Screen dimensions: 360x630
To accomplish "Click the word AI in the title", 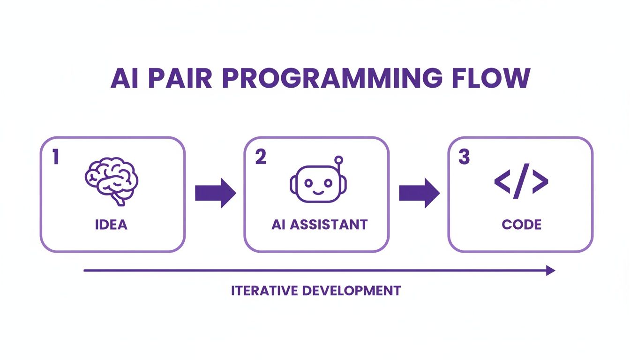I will [x=124, y=78].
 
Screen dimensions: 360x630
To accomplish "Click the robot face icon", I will [x=315, y=184].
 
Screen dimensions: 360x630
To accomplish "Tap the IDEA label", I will [x=111, y=225].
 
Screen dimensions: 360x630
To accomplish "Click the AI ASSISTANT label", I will [x=319, y=225].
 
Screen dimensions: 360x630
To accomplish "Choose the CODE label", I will [x=521, y=225].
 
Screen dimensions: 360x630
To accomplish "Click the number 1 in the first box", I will [x=55, y=157].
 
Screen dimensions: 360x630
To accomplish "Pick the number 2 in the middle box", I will [x=261, y=157].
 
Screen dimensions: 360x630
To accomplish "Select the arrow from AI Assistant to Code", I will [x=419, y=193].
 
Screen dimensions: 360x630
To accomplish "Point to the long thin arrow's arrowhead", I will [x=551, y=270].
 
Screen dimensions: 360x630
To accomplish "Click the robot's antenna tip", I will [x=339, y=159].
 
